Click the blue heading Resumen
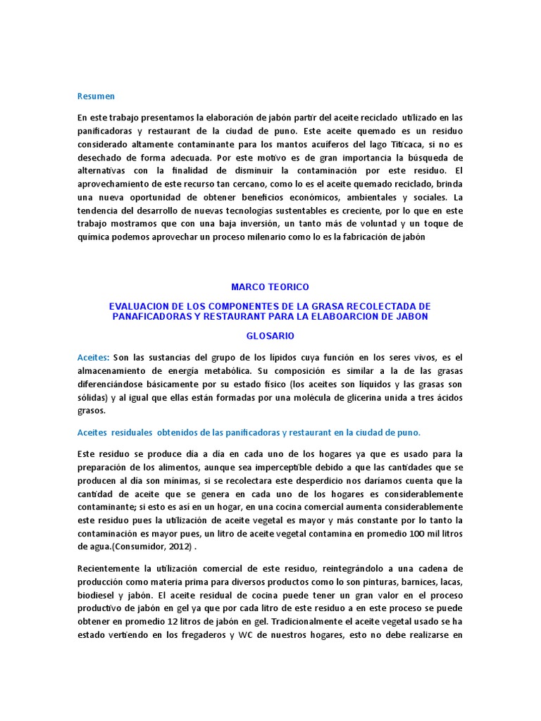point(96,96)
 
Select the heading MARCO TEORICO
point(270,287)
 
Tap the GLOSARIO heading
point(270,337)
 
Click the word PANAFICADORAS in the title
point(153,316)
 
